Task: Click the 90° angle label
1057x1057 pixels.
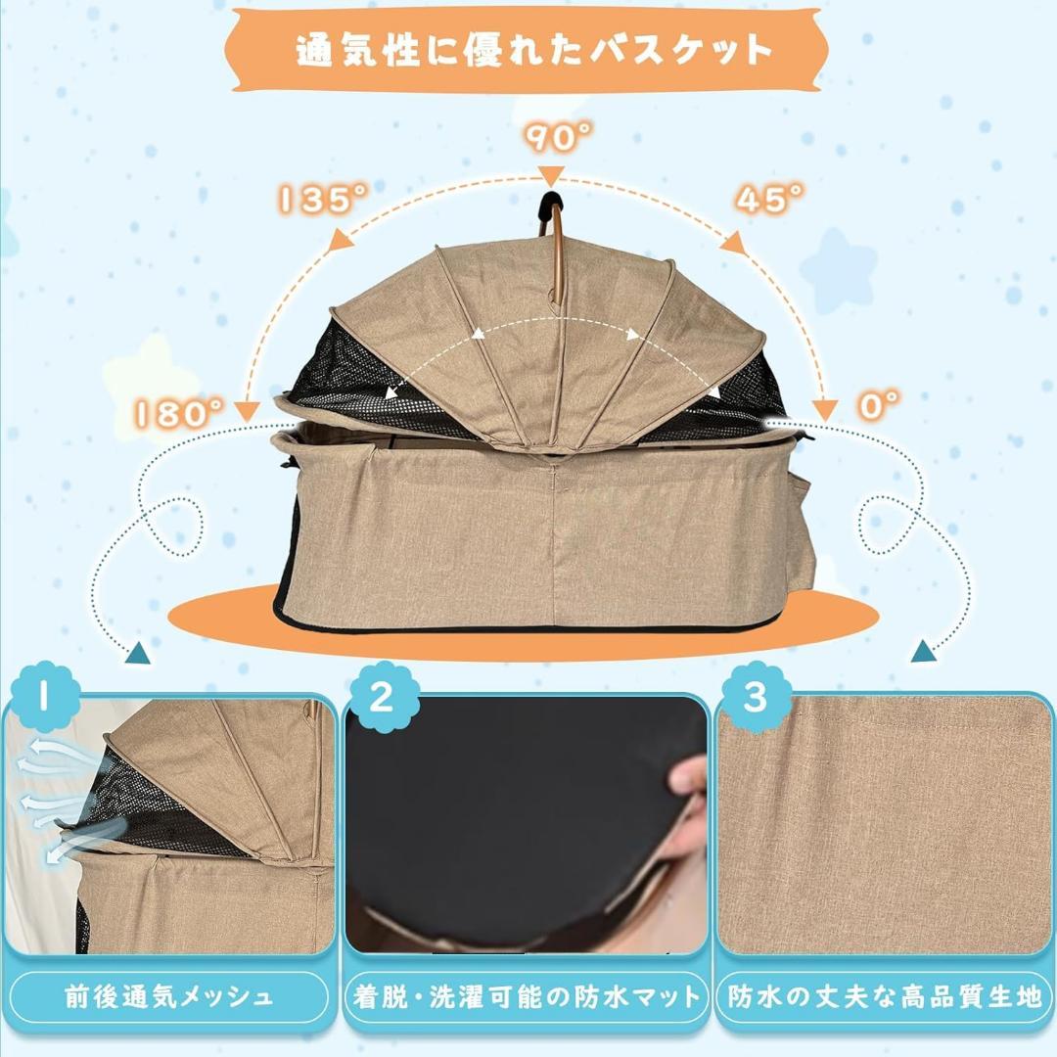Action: tap(552, 138)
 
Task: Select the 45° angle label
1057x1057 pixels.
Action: tap(770, 200)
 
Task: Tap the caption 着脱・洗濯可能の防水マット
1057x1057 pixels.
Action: tap(528, 997)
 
